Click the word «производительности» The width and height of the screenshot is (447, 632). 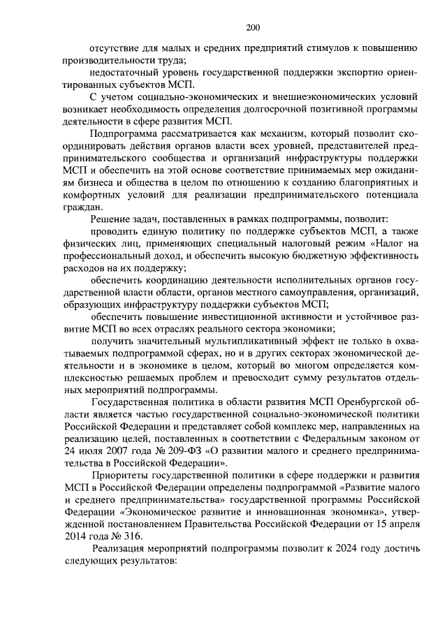pyautogui.click(x=104, y=60)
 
